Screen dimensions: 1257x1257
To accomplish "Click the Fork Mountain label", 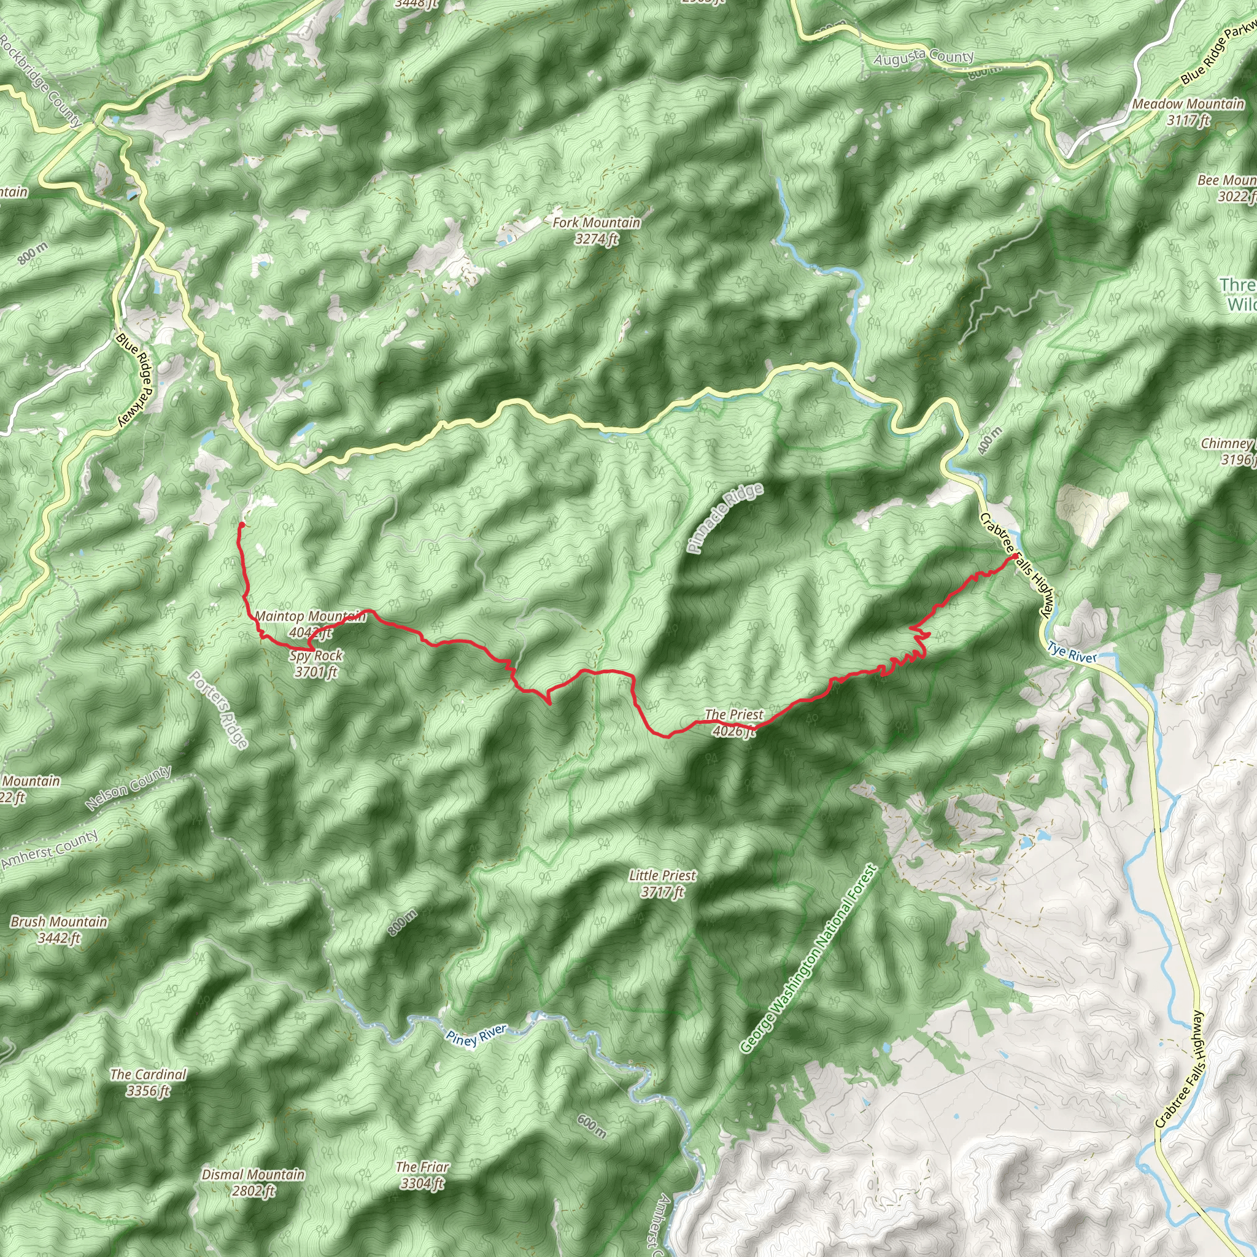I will pos(596,230).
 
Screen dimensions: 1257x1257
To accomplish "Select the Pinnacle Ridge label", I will pos(725,519).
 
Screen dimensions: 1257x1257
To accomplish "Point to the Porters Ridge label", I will pos(219,710).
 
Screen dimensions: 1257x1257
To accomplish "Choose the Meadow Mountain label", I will pos(1188,111).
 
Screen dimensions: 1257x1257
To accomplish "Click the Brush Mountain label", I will pos(58,929).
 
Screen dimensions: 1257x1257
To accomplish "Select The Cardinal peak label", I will pos(149,1082).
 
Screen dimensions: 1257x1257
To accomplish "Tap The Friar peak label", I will pos(422,1175).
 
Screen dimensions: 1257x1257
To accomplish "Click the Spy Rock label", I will pos(316,663).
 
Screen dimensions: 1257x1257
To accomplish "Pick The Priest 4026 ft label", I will pos(734,722).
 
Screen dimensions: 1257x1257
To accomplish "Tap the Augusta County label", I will pos(923,57).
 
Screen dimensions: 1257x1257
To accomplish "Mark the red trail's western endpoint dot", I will pos(241,524).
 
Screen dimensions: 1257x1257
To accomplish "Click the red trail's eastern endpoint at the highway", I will pos(1015,556).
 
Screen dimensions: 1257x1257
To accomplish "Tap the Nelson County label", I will pos(128,788).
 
